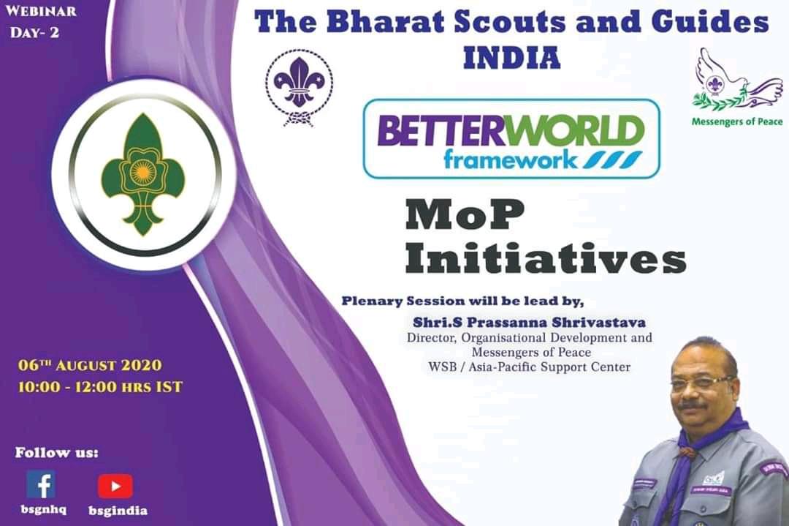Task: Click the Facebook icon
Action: pyautogui.click(x=41, y=484)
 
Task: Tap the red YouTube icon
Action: pyautogui.click(x=115, y=486)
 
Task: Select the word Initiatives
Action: pyautogui.click(x=545, y=260)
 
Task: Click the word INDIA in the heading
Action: pyautogui.click(x=511, y=57)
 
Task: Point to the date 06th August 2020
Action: pyautogui.click(x=90, y=364)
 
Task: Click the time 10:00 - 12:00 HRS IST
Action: pyautogui.click(x=100, y=386)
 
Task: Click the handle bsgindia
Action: pyautogui.click(x=118, y=511)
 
